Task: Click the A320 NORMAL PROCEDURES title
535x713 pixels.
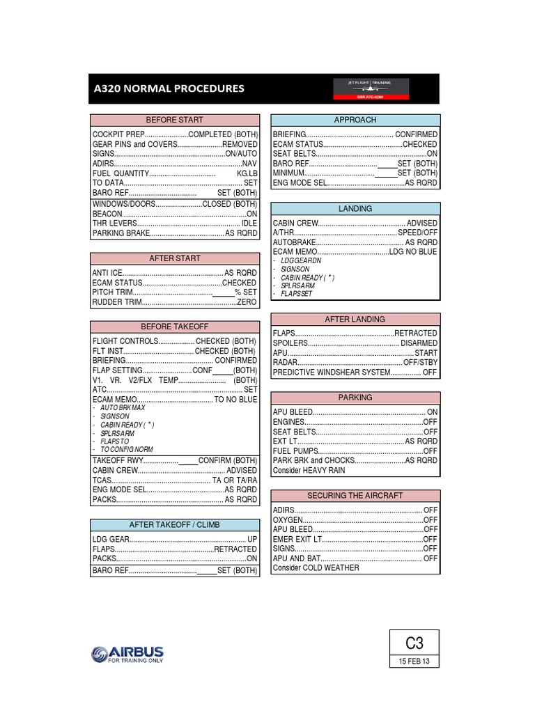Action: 169,88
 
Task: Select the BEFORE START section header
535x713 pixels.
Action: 174,120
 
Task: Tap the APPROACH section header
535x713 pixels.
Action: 355,120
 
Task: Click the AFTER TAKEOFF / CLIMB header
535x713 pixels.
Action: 174,524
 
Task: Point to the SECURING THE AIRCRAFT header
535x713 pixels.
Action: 355,496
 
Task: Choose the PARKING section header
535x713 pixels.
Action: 355,398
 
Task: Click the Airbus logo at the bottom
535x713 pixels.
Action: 127,655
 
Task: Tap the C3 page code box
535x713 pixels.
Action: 414,643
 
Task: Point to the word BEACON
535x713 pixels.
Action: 107,214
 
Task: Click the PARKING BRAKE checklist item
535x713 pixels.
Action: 121,233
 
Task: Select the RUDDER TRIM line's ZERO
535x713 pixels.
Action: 247,302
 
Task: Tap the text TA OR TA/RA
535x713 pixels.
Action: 235,480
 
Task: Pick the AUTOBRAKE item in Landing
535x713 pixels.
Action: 295,242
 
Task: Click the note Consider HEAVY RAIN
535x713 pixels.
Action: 309,470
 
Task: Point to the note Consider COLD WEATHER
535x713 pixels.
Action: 316,567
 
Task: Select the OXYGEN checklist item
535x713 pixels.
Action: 288,519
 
